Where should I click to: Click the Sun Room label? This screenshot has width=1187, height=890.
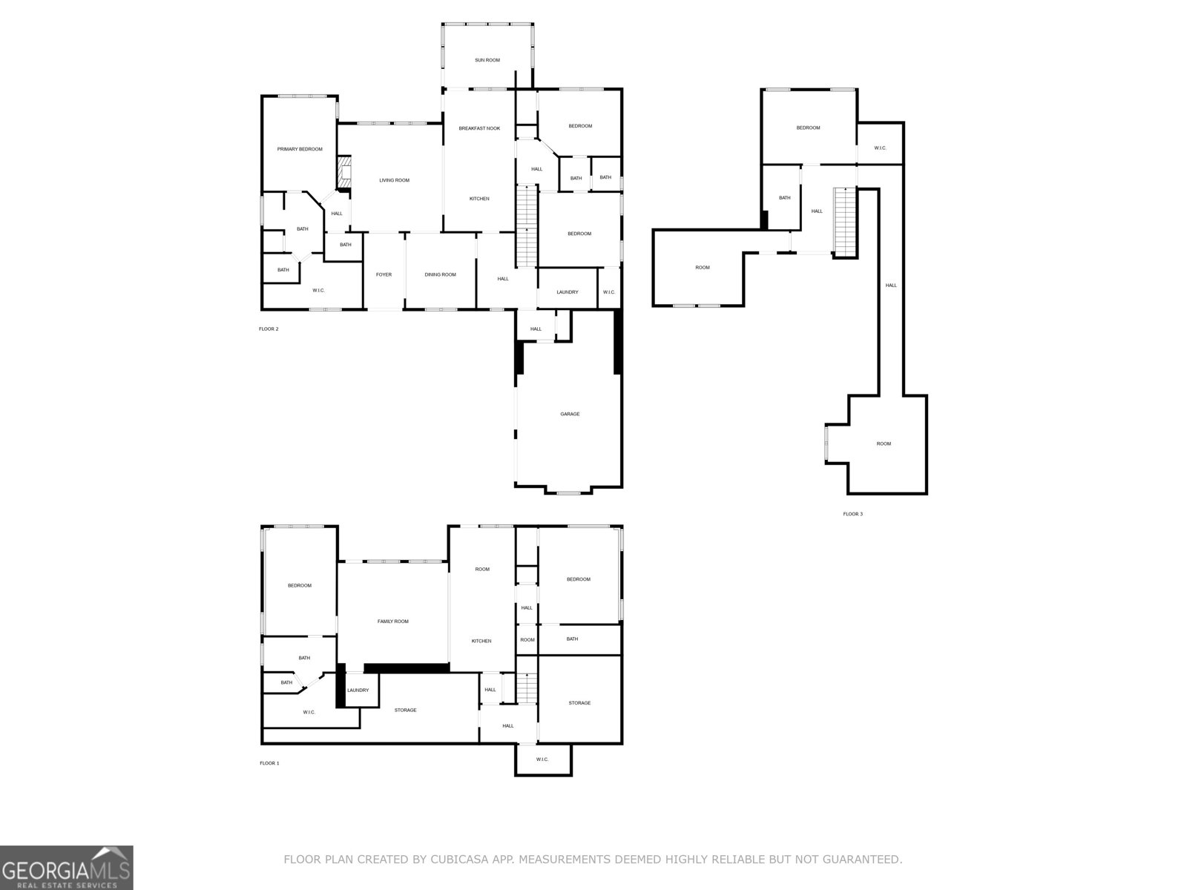[x=487, y=60]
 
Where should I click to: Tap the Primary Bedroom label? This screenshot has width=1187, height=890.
[x=300, y=149]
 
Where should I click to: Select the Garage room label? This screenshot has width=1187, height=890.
[x=570, y=414]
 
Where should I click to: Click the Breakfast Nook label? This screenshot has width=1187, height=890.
[x=479, y=128]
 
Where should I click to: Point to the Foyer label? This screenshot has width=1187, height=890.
[x=384, y=274]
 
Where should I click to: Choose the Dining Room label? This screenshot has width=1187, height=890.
[x=440, y=274]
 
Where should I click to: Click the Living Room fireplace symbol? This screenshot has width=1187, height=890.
[x=344, y=174]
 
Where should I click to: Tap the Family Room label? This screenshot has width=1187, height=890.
[x=392, y=622]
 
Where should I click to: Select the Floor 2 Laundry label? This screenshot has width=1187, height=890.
[x=567, y=292]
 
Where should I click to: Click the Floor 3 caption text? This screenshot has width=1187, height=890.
[x=852, y=514]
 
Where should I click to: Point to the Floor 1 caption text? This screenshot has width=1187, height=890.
[x=269, y=763]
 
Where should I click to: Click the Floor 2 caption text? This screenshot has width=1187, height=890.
[x=269, y=329]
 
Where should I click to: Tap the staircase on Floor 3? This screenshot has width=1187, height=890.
[x=845, y=221]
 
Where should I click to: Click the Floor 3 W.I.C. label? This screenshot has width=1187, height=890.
[x=880, y=148]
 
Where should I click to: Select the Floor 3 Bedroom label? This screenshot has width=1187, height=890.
[x=808, y=128]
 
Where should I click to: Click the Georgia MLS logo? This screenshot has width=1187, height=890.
[x=66, y=867]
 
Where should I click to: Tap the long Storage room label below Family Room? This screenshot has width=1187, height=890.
[x=405, y=710]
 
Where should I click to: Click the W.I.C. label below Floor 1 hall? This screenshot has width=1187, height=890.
[x=542, y=759]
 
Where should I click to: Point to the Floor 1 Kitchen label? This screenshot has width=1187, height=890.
[x=481, y=641]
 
